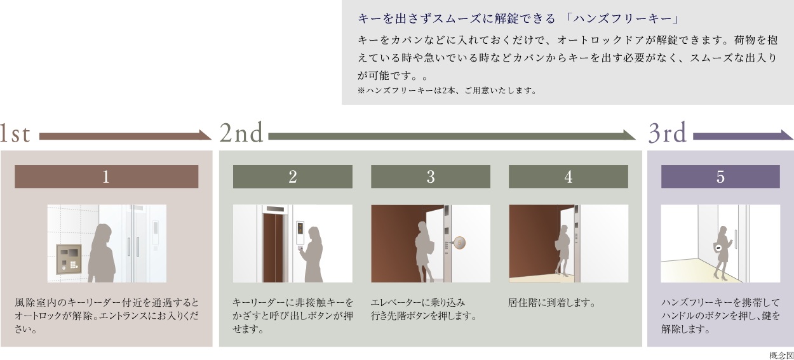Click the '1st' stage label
click(15, 134)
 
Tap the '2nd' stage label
click(241, 134)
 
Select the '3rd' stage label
click(668, 134)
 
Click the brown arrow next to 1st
click(125, 135)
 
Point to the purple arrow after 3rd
click(743, 135)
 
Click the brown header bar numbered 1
click(106, 177)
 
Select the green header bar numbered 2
click(292, 177)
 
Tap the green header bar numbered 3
click(430, 177)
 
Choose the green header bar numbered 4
click(568, 177)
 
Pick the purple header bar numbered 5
click(720, 177)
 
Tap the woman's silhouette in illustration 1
click(102, 254)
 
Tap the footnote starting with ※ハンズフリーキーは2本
click(447, 90)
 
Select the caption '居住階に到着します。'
click(552, 302)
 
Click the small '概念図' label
click(781, 354)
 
